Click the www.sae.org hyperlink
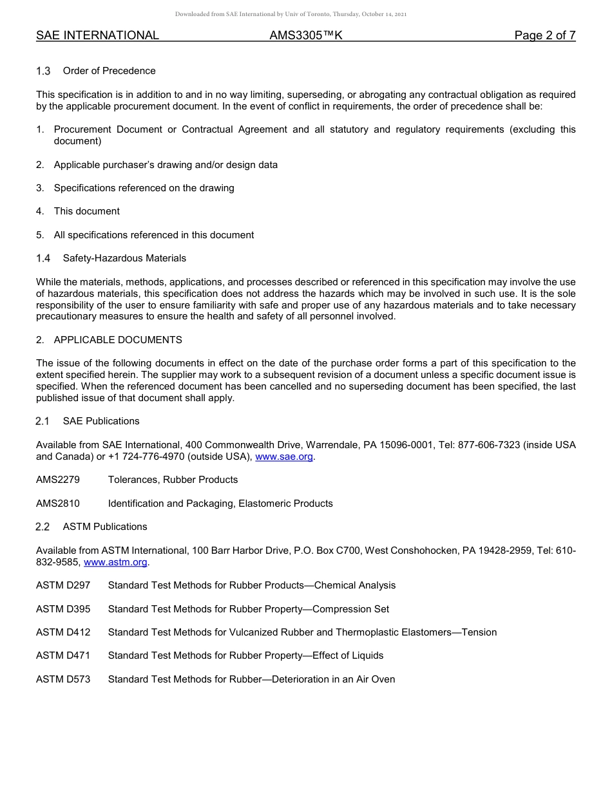[x=284, y=457]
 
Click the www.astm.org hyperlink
[x=116, y=562]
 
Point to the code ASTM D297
[x=63, y=585]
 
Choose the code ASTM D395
[x=63, y=609]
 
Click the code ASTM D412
[x=63, y=632]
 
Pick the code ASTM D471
[x=63, y=655]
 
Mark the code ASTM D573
[x=63, y=679]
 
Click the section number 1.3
[x=43, y=71]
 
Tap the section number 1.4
[x=43, y=258]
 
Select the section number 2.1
[x=43, y=421]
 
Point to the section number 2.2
[x=43, y=527]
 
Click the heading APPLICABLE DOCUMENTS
[x=118, y=340]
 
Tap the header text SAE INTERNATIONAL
[x=97, y=35]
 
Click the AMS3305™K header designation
[x=306, y=35]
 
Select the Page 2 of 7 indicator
[x=545, y=35]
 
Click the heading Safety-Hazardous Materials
[x=124, y=258]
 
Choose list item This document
[x=86, y=211]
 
